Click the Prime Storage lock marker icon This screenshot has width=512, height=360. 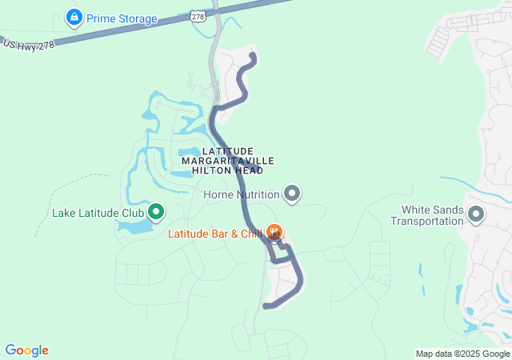pos(74,17)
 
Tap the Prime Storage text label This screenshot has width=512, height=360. pos(122,18)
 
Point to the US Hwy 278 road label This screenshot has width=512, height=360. pos(28,45)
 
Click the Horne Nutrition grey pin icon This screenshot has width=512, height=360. pos(293,194)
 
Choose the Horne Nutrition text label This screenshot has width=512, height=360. pos(241,194)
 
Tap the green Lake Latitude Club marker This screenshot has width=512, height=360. pos(156,213)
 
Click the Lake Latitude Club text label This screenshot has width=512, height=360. pos(98,214)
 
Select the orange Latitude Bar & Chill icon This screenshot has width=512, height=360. pos(275,233)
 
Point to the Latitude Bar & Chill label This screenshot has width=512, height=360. pos(215,234)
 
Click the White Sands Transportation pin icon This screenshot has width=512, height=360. pos(477,214)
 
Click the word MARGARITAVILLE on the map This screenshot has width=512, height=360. pos(228,161)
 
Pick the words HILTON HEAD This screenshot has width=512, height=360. pos(228,170)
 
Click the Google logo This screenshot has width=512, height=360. pos(26,350)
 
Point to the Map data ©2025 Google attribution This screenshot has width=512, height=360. pos(462,354)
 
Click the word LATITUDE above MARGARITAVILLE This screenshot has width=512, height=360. pos(228,151)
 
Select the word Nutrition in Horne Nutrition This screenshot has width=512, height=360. pos(257,194)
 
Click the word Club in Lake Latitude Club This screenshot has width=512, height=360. pos(131,214)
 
